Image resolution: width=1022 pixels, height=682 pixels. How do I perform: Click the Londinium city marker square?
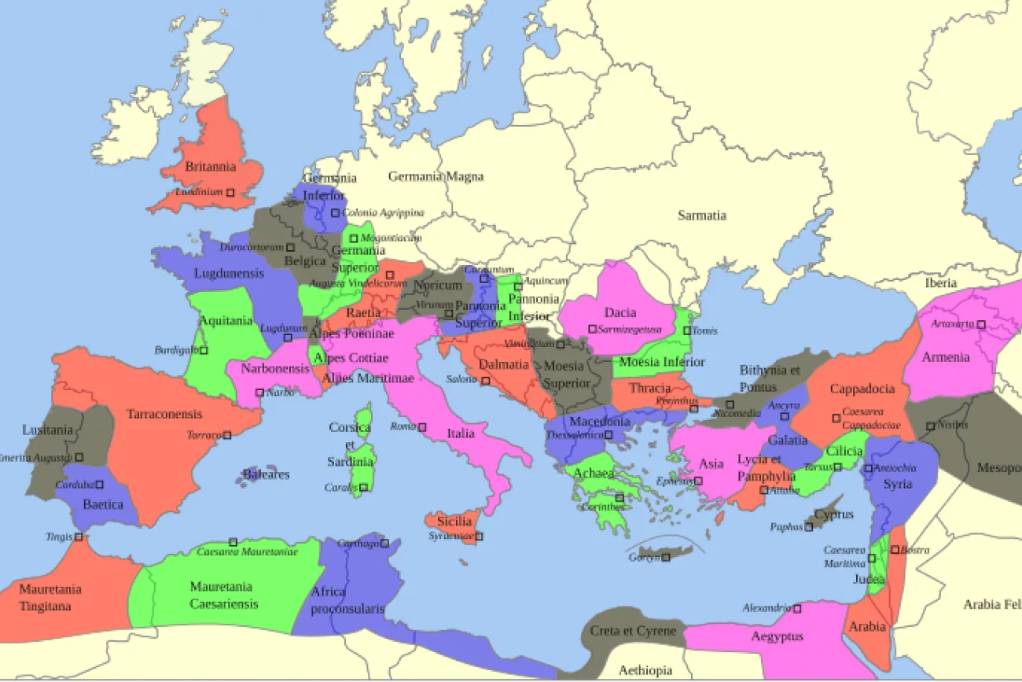[x=230, y=193]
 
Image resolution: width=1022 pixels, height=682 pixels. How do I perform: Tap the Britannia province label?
[x=210, y=167]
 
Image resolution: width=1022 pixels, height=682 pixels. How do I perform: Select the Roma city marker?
[x=422, y=427]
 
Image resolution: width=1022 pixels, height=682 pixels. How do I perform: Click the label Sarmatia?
[x=701, y=216]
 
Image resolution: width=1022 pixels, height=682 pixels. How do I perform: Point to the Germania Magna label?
[x=436, y=177]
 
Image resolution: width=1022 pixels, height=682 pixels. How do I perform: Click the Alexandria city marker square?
[x=797, y=609]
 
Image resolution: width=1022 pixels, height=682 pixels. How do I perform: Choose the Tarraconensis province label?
[x=164, y=414]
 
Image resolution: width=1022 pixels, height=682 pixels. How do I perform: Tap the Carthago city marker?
[x=385, y=544]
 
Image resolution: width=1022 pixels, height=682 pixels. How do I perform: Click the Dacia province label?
[x=620, y=312]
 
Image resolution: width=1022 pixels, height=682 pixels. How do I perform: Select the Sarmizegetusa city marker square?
[x=592, y=330]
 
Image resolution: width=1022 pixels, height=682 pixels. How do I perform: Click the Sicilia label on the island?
[x=454, y=521]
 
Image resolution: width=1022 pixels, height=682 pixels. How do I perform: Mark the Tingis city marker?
[x=79, y=538]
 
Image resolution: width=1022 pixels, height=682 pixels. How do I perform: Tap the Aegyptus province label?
[x=777, y=636]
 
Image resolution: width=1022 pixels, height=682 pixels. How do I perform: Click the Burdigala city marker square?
[x=204, y=351]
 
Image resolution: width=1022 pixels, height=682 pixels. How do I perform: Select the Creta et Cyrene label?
[x=633, y=631]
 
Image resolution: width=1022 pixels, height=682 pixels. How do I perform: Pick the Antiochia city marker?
[x=868, y=469]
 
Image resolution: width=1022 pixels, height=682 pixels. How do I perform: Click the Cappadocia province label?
[x=862, y=389]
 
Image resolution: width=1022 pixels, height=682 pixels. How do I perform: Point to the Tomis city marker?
[x=687, y=331]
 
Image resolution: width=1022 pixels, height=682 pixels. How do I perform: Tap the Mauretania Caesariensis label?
[x=221, y=595]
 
